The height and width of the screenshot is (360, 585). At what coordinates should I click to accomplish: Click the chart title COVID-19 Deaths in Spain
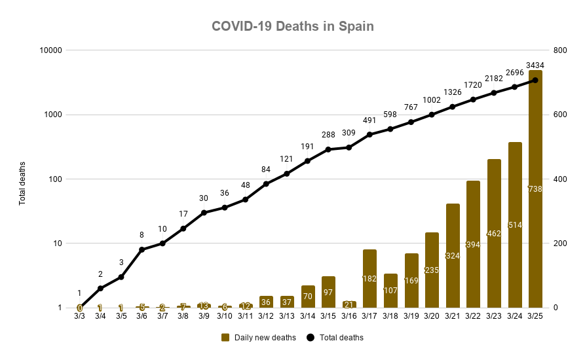tap(292, 26)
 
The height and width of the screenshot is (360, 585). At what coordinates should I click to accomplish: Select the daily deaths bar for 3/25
tap(535, 190)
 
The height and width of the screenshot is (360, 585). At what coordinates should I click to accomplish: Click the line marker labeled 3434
tap(535, 81)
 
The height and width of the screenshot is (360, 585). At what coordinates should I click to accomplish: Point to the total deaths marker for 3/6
tap(142, 249)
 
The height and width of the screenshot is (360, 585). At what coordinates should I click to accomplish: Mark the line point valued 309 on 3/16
tap(349, 147)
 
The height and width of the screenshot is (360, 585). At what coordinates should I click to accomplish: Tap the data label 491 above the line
tap(369, 120)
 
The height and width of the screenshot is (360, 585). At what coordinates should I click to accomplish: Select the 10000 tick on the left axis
tap(50, 50)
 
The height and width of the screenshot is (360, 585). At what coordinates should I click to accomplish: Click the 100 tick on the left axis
tap(54, 179)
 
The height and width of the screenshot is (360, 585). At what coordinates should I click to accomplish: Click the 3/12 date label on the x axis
tap(266, 316)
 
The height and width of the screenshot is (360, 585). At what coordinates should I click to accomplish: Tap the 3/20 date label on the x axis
tap(432, 316)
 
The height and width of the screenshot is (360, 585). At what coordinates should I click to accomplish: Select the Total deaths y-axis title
tap(22, 183)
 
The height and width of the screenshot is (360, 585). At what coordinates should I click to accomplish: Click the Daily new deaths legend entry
tap(259, 338)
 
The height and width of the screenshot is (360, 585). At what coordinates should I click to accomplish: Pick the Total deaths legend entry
tap(335, 338)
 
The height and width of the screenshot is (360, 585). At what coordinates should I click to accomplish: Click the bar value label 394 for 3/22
tap(473, 244)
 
